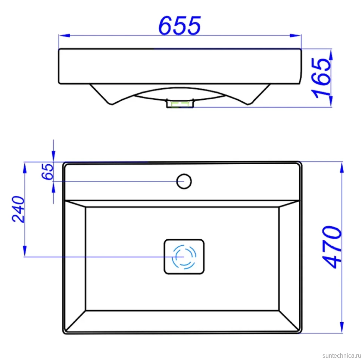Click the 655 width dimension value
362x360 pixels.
[180, 25]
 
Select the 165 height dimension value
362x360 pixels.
[321, 78]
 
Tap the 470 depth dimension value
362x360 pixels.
[332, 247]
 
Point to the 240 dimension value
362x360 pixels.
[18, 210]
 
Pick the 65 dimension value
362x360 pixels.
[47, 171]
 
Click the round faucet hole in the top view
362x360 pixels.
[184, 181]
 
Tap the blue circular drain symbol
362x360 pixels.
[184, 257]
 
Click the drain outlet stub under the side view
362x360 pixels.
[180, 103]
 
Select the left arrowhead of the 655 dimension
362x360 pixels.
[65, 35]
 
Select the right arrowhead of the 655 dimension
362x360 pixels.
[296, 35]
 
